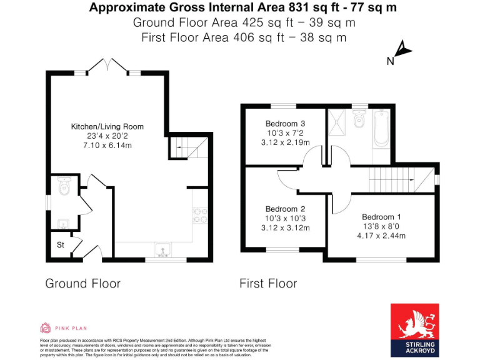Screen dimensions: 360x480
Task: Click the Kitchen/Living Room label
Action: click(x=107, y=127)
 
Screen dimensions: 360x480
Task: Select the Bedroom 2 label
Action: click(x=285, y=209)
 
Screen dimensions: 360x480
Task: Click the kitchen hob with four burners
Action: click(x=200, y=215)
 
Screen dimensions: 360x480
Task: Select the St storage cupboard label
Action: click(x=61, y=245)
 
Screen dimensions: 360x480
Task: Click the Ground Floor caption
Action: click(x=82, y=284)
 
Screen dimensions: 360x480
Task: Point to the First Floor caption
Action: click(x=268, y=284)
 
